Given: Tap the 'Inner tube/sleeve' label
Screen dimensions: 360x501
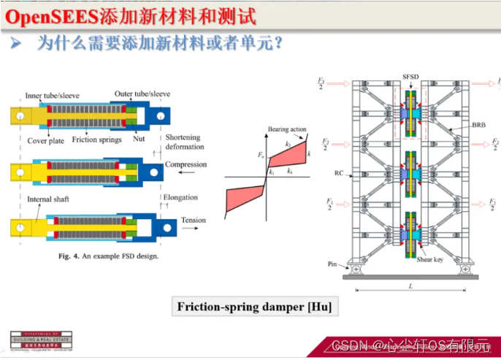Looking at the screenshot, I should tap(52, 95).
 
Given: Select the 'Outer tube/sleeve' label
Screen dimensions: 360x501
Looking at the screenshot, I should tap(142, 93).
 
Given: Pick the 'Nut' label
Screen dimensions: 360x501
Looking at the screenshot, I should tap(139, 138).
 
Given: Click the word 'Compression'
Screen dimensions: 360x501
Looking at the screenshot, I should tap(186, 164).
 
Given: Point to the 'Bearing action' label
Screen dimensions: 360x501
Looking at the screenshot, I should tap(287, 129).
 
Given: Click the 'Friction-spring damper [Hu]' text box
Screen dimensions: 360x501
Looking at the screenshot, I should tap(254, 307).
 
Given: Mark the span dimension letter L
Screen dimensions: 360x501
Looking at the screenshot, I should tap(410, 286).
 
